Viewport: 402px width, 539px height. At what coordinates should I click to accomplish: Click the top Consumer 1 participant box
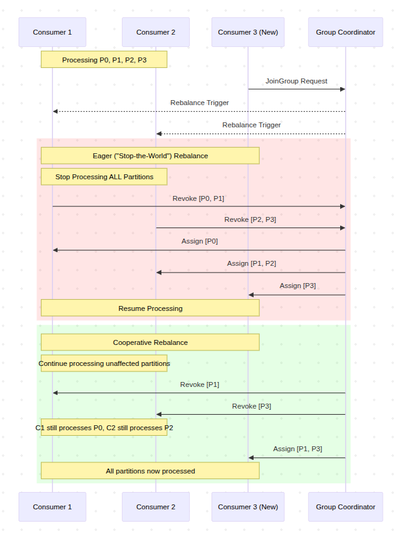pyautogui.click(x=53, y=32)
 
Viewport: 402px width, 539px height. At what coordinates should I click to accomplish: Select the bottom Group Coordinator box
pyautogui.click(x=346, y=507)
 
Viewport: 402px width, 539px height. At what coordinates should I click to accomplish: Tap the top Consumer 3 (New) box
pyautogui.click(x=248, y=32)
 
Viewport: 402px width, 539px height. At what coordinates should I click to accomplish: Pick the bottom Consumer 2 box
pyautogui.click(x=156, y=507)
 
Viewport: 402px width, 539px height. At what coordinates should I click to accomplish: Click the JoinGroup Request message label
pyautogui.click(x=296, y=81)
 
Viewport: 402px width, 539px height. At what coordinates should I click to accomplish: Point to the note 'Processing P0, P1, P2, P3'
pyautogui.click(x=104, y=59)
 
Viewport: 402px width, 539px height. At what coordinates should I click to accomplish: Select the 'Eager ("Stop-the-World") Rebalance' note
pyautogui.click(x=150, y=156)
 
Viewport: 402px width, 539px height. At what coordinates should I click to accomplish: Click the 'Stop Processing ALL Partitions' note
pyautogui.click(x=104, y=177)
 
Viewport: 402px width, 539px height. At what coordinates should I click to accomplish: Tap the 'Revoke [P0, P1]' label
pyautogui.click(x=199, y=198)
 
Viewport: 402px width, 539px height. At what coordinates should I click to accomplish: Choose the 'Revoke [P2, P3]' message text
pyautogui.click(x=250, y=219)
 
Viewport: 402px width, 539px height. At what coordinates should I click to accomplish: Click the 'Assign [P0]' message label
pyautogui.click(x=200, y=241)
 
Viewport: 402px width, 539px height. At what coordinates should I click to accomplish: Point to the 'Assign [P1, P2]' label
pyautogui.click(x=252, y=264)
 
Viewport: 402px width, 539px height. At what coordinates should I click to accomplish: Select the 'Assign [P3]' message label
pyautogui.click(x=298, y=286)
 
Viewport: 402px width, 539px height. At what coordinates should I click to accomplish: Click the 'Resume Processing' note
pyautogui.click(x=150, y=308)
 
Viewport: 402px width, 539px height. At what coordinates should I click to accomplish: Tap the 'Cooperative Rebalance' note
pyautogui.click(x=150, y=342)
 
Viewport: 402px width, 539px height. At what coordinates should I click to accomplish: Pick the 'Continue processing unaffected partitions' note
pyautogui.click(x=104, y=363)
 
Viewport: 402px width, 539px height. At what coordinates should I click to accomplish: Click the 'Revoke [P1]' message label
pyautogui.click(x=200, y=384)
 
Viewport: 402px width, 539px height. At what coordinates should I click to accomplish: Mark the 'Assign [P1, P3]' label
pyautogui.click(x=298, y=449)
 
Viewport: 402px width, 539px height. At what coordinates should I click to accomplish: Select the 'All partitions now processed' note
pyautogui.click(x=150, y=471)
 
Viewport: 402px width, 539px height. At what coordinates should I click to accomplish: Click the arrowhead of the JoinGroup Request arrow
pyautogui.click(x=343, y=90)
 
